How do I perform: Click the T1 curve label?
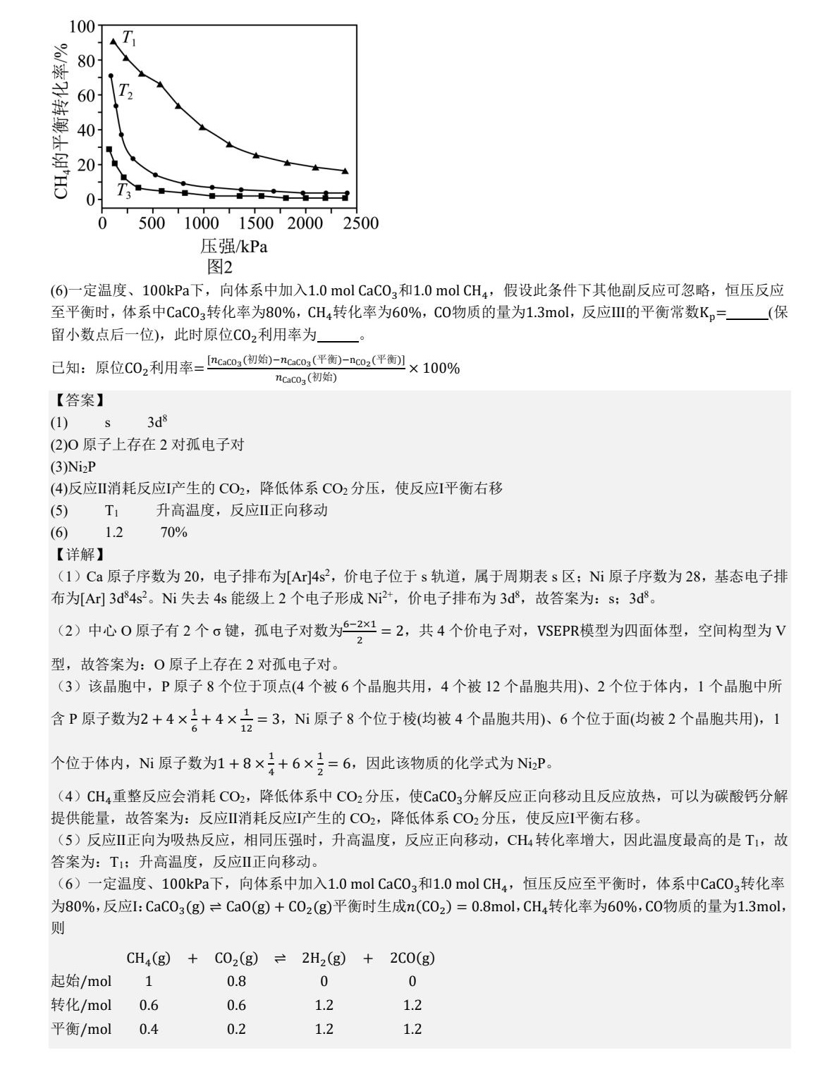130,38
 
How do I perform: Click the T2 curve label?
125,91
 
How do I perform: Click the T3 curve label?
123,190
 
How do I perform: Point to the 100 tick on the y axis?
82,27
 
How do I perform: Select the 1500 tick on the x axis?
256,223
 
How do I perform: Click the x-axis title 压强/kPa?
234,247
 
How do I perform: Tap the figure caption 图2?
219,266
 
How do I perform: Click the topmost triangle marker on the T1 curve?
113,42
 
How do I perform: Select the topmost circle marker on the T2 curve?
111,76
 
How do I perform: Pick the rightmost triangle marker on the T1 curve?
345,171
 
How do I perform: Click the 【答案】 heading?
79,400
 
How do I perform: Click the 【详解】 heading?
79,555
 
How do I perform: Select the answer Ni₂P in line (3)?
82,467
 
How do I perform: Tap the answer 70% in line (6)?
173,532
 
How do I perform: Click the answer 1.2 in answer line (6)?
114,532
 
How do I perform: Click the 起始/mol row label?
81,981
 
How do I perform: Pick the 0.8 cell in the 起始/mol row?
236,981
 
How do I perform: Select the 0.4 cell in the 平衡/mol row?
149,1029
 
